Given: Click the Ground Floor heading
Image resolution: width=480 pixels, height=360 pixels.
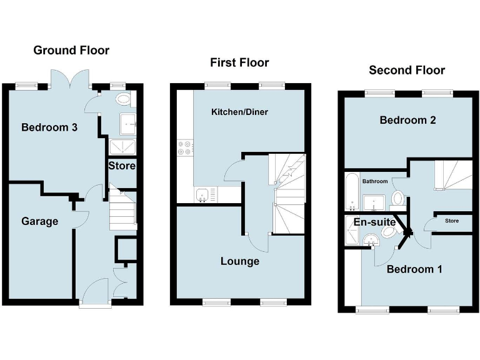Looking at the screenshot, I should pyautogui.click(x=71, y=51).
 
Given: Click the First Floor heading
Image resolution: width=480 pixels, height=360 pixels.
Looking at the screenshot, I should pyautogui.click(x=239, y=62).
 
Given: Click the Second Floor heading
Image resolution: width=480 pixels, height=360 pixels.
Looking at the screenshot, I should pyautogui.click(x=407, y=70).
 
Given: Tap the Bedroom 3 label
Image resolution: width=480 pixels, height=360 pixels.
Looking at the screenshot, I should pyautogui.click(x=49, y=128).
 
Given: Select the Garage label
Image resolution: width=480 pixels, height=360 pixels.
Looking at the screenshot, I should pyautogui.click(x=39, y=221).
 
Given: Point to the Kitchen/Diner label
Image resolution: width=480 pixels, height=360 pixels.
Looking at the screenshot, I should pyautogui.click(x=235, y=112).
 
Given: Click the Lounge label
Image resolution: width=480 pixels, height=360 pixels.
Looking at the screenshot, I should pyautogui.click(x=239, y=261).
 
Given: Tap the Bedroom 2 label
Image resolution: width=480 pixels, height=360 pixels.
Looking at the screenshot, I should pyautogui.click(x=407, y=120).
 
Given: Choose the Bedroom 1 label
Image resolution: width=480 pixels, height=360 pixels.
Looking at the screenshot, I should pyautogui.click(x=414, y=269).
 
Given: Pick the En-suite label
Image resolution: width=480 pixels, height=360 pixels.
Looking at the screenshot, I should pyautogui.click(x=375, y=222).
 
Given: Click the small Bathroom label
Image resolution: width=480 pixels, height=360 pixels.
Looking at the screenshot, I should pyautogui.click(x=374, y=181).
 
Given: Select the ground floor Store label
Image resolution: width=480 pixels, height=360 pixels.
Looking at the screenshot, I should pyautogui.click(x=122, y=166).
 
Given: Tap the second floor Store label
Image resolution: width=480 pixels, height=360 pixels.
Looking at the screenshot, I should pyautogui.click(x=451, y=221).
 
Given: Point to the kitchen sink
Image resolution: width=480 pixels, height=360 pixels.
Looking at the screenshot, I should pyautogui.click(x=203, y=196).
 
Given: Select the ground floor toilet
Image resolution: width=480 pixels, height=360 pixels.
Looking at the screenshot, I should pyautogui.click(x=123, y=98).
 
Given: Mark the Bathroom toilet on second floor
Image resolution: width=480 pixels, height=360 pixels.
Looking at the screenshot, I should pyautogui.click(x=397, y=199).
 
